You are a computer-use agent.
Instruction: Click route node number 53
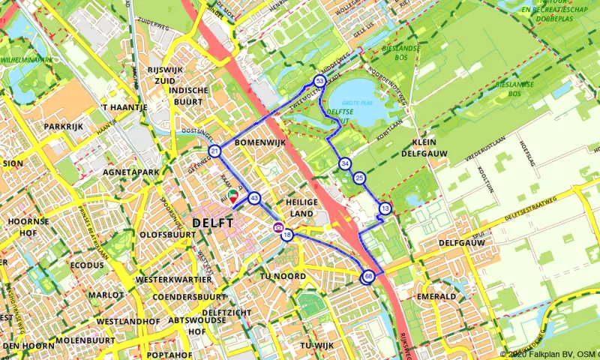pyautogui.click(x=319, y=80)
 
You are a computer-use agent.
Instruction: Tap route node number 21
pyautogui.click(x=215, y=152)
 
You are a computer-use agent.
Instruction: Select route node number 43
pyautogui.click(x=254, y=199)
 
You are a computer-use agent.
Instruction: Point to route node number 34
pyautogui.click(x=344, y=163)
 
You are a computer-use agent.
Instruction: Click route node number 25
pyautogui.click(x=360, y=178)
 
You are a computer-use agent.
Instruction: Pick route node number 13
pyautogui.click(x=385, y=208)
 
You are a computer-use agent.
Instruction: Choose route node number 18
pyautogui.click(x=287, y=235)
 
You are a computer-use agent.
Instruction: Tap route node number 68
pyautogui.click(x=368, y=277)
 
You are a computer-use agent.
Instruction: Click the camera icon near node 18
pyautogui.click(x=278, y=227)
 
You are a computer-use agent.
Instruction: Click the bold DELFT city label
pyautogui.click(x=213, y=223)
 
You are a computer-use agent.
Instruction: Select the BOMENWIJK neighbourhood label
pyautogui.click(x=257, y=141)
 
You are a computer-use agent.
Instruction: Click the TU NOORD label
pyautogui.click(x=282, y=276)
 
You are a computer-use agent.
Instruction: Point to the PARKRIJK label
pyautogui.click(x=63, y=126)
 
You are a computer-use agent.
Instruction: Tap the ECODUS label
pyautogui.click(x=87, y=265)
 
